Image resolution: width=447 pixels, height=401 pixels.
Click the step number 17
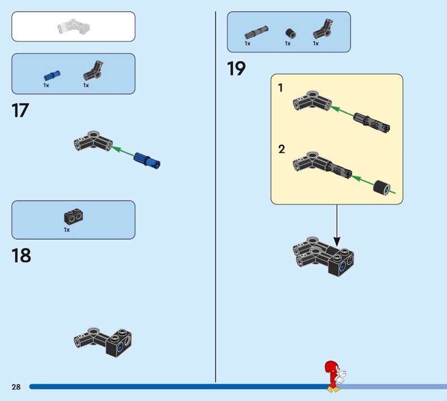[x=20, y=110]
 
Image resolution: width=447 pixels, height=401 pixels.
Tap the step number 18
[x=21, y=256]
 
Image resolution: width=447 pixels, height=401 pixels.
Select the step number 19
[x=236, y=69]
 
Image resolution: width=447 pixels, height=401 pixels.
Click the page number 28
[x=16, y=387]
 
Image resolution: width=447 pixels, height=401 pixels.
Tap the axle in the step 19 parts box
[x=255, y=31]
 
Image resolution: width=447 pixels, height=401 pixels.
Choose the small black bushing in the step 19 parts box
[x=289, y=32]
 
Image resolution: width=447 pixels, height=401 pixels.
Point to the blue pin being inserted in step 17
[x=147, y=159]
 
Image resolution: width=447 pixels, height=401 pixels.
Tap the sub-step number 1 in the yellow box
[x=281, y=88]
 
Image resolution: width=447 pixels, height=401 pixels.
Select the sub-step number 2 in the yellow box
[x=282, y=149]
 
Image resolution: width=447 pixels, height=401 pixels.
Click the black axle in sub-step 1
[x=372, y=122]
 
